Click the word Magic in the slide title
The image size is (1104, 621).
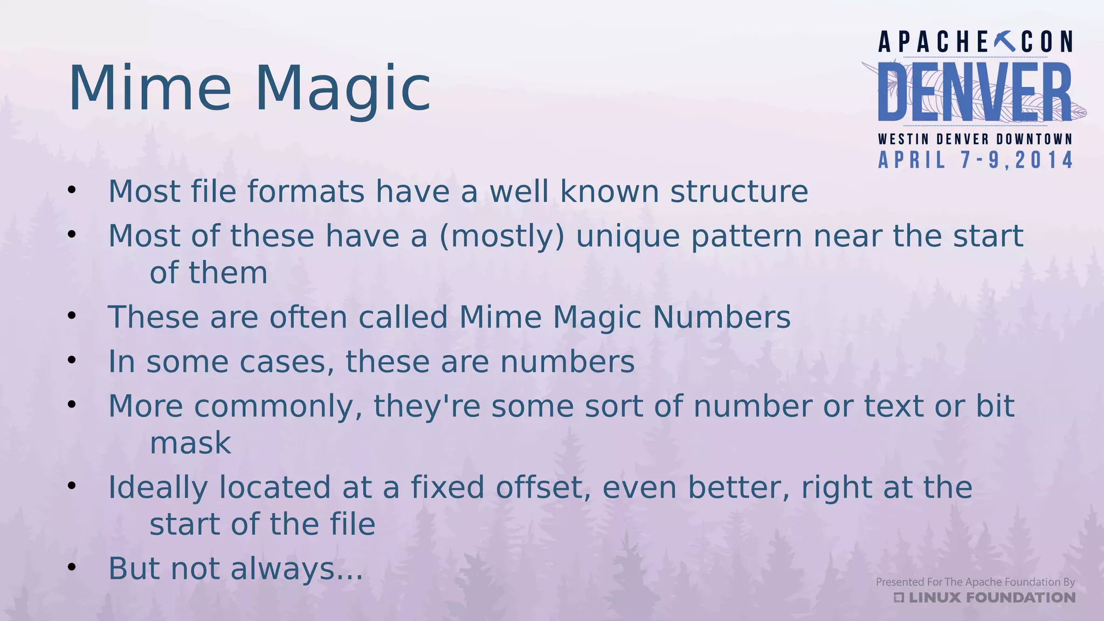[x=342, y=89]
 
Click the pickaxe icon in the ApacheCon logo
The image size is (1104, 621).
[x=1005, y=42]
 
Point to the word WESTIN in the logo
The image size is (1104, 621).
[x=903, y=139]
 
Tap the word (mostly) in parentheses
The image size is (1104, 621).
[x=502, y=237]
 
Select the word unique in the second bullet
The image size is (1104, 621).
[x=628, y=237]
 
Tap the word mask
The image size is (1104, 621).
[x=190, y=443]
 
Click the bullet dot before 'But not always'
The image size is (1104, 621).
[x=72, y=567]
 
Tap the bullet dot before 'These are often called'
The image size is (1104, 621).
[x=72, y=315]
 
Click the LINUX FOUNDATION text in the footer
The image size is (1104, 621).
[x=991, y=597]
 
